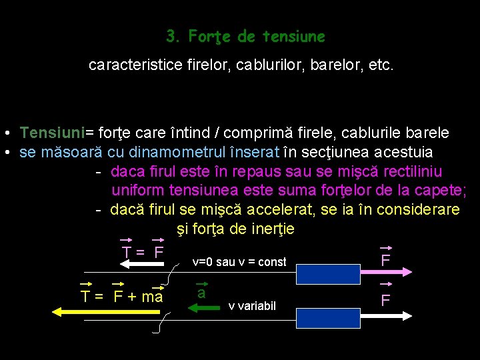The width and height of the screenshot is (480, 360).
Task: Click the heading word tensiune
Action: tap(293, 36)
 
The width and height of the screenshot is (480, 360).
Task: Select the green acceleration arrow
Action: tap(205, 308)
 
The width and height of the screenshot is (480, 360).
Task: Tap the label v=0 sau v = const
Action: tap(239, 262)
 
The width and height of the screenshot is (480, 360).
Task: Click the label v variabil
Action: tap(251, 306)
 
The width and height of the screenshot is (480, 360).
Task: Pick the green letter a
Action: tap(201, 293)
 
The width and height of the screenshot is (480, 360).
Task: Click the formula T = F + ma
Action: tap(121, 297)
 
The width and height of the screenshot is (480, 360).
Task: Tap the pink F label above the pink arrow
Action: tap(385, 260)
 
